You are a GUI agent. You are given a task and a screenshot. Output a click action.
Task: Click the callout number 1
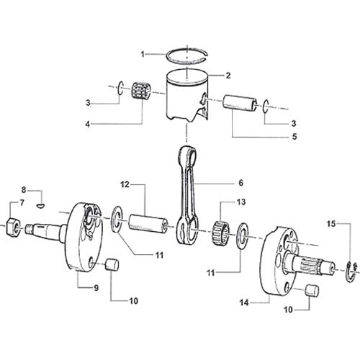tap(143, 53)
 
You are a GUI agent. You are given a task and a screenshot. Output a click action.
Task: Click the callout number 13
tap(240, 202)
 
